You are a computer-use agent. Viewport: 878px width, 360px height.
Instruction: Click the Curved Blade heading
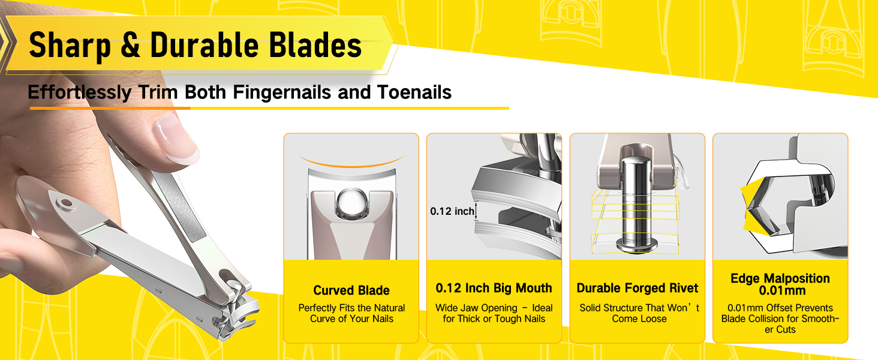point(351,290)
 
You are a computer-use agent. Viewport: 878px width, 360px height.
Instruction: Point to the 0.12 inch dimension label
point(452,211)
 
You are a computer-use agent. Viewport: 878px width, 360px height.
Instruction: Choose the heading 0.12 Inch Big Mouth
point(494,288)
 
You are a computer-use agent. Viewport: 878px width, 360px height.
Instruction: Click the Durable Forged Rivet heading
point(638,288)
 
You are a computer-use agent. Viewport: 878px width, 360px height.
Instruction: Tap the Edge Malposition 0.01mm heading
point(780,284)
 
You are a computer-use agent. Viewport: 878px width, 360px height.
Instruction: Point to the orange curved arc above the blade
point(351,162)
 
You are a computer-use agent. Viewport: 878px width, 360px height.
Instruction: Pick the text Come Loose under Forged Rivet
point(639,319)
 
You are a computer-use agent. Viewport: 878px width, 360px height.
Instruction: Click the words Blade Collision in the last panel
point(753,319)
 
